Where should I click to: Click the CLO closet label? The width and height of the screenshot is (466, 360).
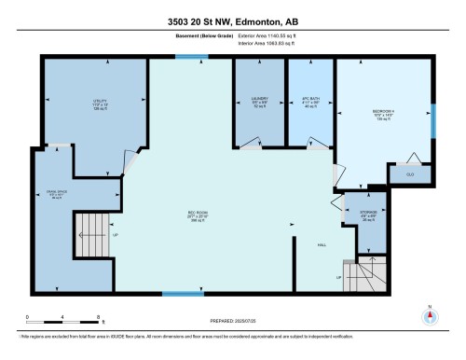click(x=409, y=173)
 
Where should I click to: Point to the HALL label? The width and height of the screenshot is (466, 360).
click(x=322, y=244)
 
